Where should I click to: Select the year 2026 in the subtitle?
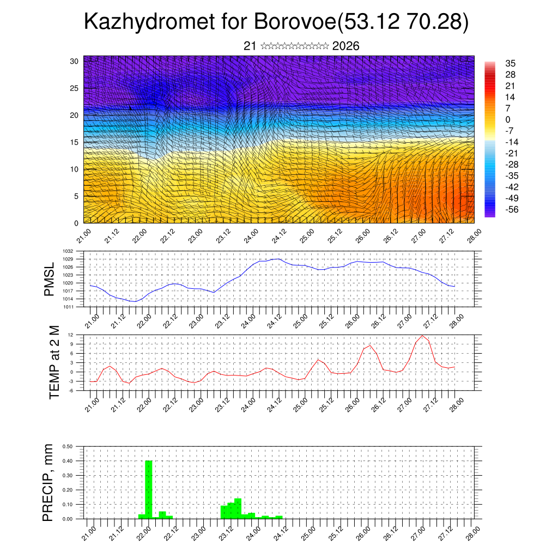tap(345, 46)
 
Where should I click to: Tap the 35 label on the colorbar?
tap(511, 64)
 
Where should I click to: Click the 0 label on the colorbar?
tap(508, 119)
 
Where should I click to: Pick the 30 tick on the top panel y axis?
tap(74, 61)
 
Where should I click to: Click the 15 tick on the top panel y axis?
tap(74, 142)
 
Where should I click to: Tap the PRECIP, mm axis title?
tap(49, 483)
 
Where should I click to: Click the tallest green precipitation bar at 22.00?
tap(149, 489)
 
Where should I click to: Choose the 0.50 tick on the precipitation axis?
tap(68, 446)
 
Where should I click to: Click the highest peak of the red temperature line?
tap(422, 335)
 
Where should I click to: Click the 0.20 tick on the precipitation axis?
tap(68, 490)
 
